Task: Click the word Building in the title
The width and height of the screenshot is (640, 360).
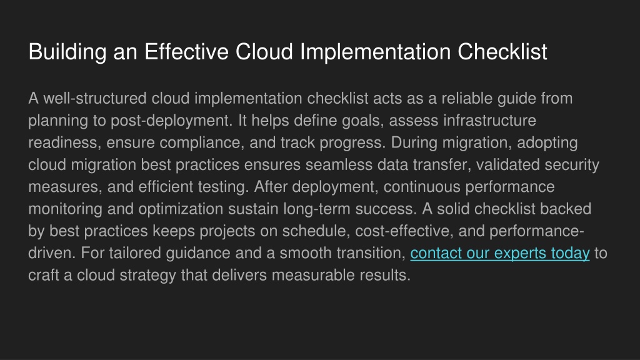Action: pos(67,52)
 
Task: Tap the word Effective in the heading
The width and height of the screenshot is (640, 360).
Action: pos(186,52)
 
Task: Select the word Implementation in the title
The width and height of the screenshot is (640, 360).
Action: pos(376,52)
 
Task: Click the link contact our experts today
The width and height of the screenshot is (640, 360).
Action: pos(500,254)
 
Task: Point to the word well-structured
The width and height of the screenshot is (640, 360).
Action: pos(95,98)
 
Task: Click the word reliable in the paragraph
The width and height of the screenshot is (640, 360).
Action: pos(467,98)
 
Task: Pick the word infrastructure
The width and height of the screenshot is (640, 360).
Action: pos(490,121)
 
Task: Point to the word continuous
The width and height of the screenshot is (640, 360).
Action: pos(422,187)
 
